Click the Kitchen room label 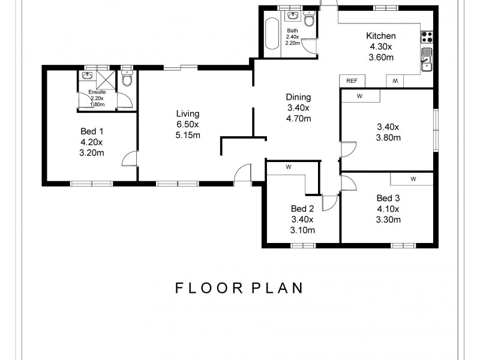tap(381, 36)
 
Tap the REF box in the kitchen tap(352, 81)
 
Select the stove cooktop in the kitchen tap(427, 37)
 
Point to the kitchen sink tap(427, 59)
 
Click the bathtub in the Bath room tap(272, 34)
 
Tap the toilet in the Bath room tap(309, 19)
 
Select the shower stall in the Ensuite tap(106, 80)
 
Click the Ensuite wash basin tap(88, 76)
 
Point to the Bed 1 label tap(92, 131)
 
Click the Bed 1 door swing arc tap(127, 156)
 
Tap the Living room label tap(188, 113)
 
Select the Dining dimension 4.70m tap(298, 118)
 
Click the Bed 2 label tap(302, 209)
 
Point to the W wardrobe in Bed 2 tap(289, 167)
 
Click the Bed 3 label tap(388, 199)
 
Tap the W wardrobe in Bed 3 tap(413, 179)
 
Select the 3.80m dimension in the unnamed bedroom tap(388, 138)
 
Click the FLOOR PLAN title tap(239, 288)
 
